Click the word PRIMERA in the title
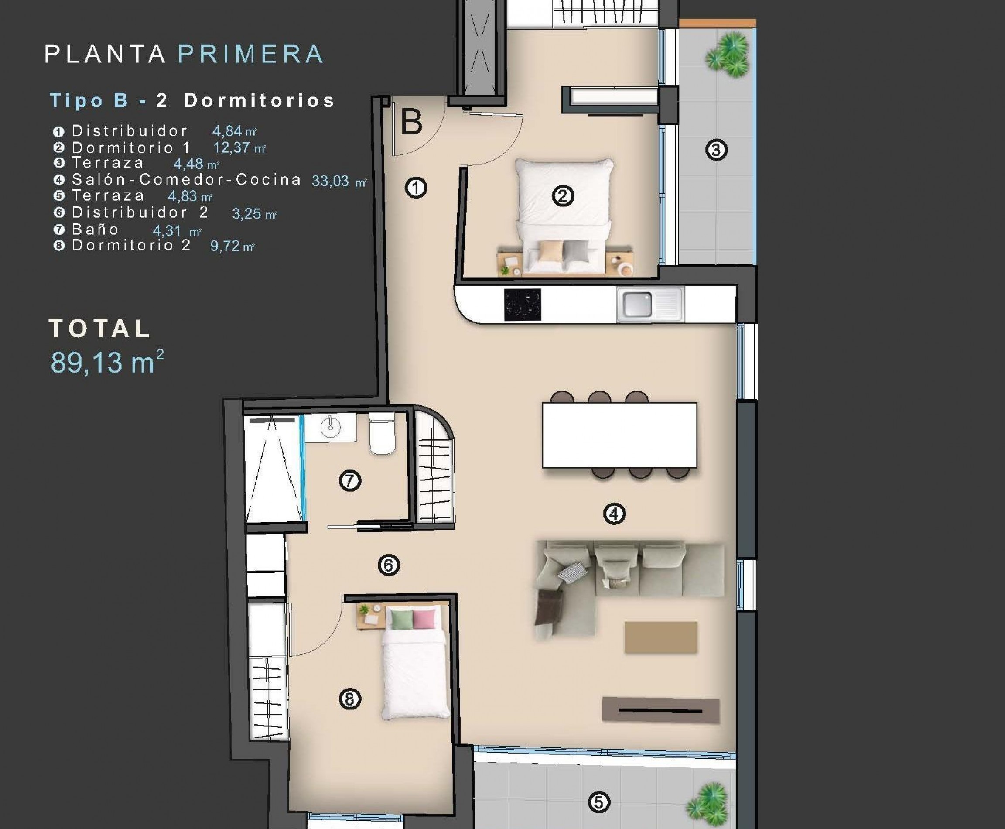click(251, 54)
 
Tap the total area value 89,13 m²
click(107, 362)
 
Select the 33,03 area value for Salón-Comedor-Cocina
click(330, 181)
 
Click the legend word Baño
click(95, 229)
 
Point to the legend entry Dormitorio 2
click(131, 246)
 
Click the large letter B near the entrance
click(411, 122)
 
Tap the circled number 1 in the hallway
click(416, 188)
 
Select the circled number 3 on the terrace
click(716, 150)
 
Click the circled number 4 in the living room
click(614, 514)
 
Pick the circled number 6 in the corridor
click(389, 565)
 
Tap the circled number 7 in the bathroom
click(350, 480)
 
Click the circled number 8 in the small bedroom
click(349, 699)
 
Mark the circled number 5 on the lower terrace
click(599, 802)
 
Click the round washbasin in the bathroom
click(330, 426)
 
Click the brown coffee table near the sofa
click(661, 637)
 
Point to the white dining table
click(619, 435)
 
